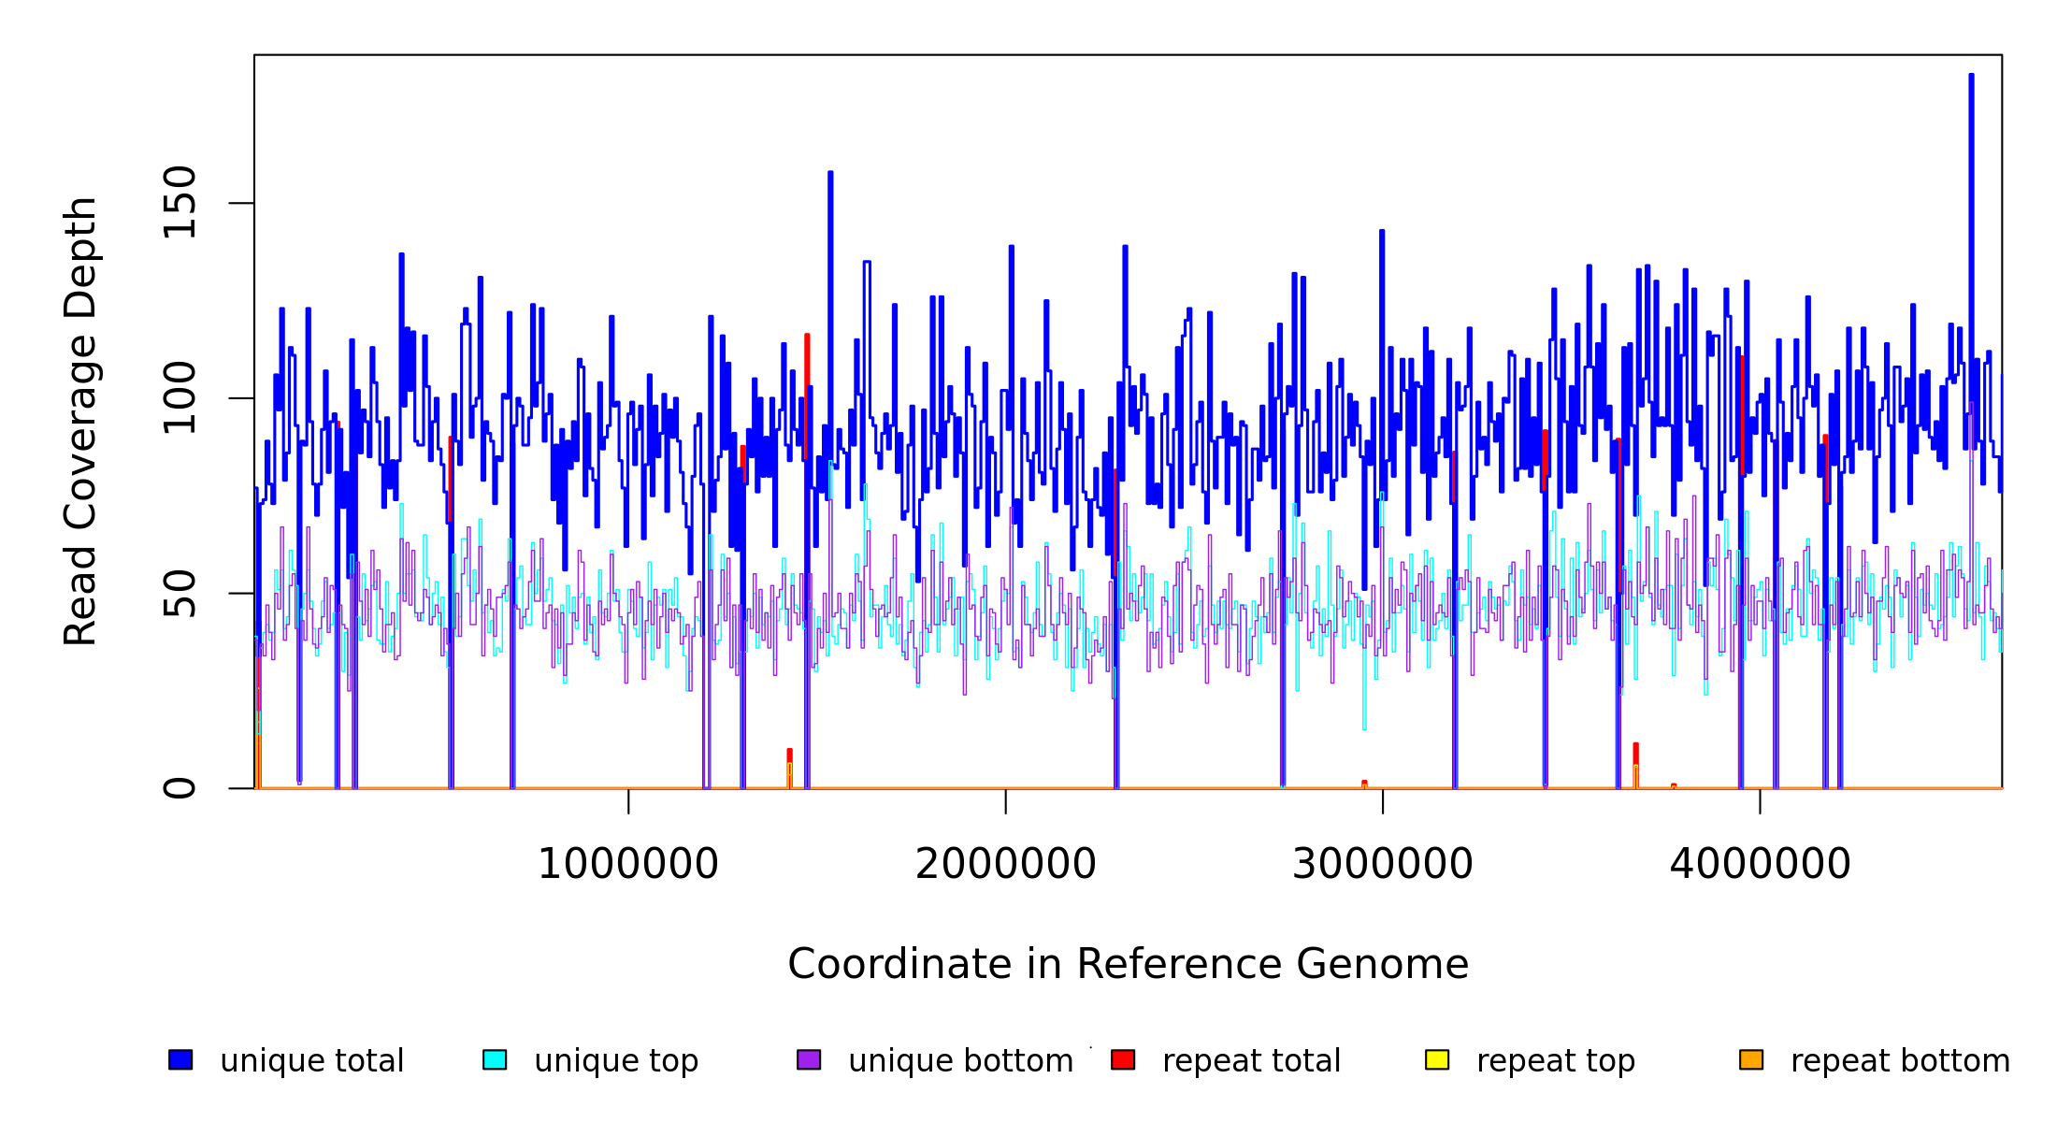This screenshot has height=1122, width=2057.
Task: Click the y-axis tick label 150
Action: pos(180,203)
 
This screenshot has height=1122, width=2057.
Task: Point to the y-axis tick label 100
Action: pos(180,398)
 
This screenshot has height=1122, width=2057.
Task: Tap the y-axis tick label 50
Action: pos(180,594)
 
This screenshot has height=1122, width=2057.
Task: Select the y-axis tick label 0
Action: pos(180,788)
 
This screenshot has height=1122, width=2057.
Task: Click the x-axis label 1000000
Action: pos(628,865)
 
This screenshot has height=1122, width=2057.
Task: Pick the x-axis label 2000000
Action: pos(1006,865)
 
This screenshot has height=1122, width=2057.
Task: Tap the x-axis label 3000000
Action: pos(1383,865)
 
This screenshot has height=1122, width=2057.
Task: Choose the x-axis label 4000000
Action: pos(1761,865)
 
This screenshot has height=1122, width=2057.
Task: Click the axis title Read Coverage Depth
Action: pos(80,421)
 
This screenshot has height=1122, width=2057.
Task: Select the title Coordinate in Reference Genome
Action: pos(1128,965)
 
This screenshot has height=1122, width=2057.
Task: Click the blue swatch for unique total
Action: pos(180,1059)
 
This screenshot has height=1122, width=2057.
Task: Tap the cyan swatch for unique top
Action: pos(495,1059)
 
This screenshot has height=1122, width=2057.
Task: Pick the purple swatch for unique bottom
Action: pos(809,1059)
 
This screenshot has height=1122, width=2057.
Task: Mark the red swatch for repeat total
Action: pos(1123,1059)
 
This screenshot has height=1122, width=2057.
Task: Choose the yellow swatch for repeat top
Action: pos(1437,1059)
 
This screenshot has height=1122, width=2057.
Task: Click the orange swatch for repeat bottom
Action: pos(1751,1059)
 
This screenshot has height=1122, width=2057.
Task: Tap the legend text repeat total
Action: pos(1251,1061)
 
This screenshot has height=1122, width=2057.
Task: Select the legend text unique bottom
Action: pos(960,1061)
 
